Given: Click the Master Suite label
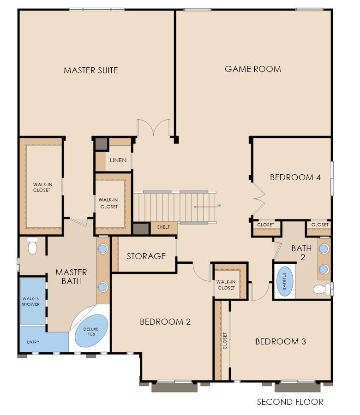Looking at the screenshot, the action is click(91, 71).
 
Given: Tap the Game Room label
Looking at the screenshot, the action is click(253, 69).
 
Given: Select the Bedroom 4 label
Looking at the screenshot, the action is click(295, 178).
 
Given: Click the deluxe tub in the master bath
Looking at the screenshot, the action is click(91, 331).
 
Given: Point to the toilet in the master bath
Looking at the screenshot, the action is click(32, 245).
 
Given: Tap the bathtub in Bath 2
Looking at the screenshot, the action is click(285, 281).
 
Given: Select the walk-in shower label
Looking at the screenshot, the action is click(31, 302).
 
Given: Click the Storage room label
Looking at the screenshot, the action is click(146, 256).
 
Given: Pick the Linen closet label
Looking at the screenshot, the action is click(118, 160).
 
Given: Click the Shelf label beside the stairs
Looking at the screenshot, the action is click(163, 227).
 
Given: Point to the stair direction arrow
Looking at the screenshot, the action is click(205, 207).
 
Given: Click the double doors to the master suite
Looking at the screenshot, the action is click(154, 128).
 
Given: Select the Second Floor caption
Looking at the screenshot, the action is click(290, 402).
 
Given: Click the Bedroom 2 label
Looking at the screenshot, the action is click(165, 322).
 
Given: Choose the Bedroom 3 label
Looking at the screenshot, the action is click(281, 342).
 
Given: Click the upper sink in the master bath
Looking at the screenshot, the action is click(103, 249).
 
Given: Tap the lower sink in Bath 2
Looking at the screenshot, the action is click(324, 269).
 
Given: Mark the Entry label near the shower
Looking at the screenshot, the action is click(33, 342).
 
